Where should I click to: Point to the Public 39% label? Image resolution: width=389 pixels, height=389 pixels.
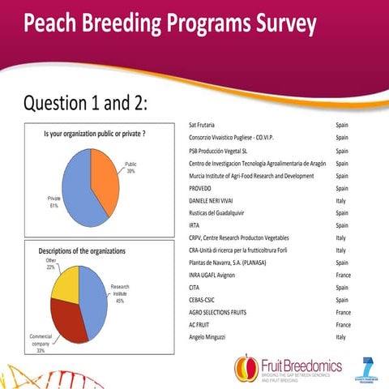click(x=130, y=168)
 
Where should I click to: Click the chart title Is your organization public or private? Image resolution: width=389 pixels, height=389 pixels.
click(x=94, y=133)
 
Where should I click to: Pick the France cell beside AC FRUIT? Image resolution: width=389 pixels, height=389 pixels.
click(x=343, y=323)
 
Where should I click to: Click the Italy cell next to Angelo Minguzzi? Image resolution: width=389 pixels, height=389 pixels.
click(x=341, y=336)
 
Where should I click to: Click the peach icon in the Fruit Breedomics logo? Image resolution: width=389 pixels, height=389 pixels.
click(x=246, y=368)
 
